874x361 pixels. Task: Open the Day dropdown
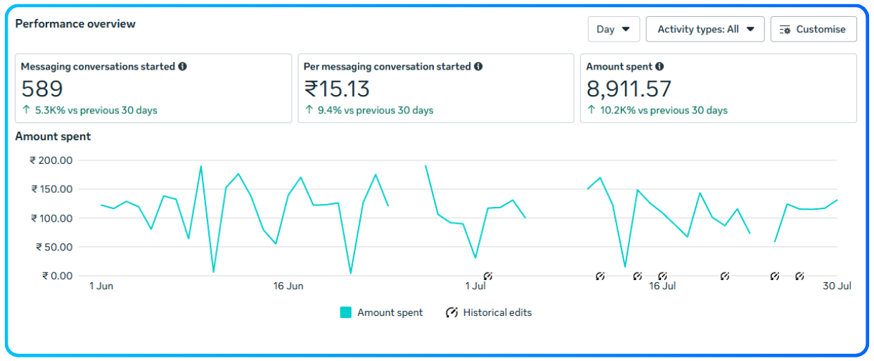(x=613, y=30)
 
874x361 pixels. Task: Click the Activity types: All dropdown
(x=705, y=30)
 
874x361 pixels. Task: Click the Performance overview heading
(x=75, y=24)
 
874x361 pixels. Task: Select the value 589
(x=42, y=89)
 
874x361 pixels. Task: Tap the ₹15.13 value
(x=337, y=89)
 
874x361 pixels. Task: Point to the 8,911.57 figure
(x=629, y=89)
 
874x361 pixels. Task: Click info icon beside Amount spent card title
(x=660, y=66)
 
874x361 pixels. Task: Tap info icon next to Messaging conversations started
(x=183, y=66)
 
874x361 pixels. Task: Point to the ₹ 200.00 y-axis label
(x=51, y=160)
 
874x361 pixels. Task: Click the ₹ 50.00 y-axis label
(x=54, y=247)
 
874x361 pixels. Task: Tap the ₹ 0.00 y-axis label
(x=57, y=276)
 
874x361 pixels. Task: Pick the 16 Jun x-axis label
(x=288, y=286)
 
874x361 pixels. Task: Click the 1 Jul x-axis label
(x=475, y=286)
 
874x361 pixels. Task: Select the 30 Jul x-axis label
(x=836, y=286)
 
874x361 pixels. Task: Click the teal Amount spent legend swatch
(x=345, y=312)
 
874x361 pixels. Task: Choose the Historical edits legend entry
(x=489, y=312)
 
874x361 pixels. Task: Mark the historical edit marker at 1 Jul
(x=488, y=276)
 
